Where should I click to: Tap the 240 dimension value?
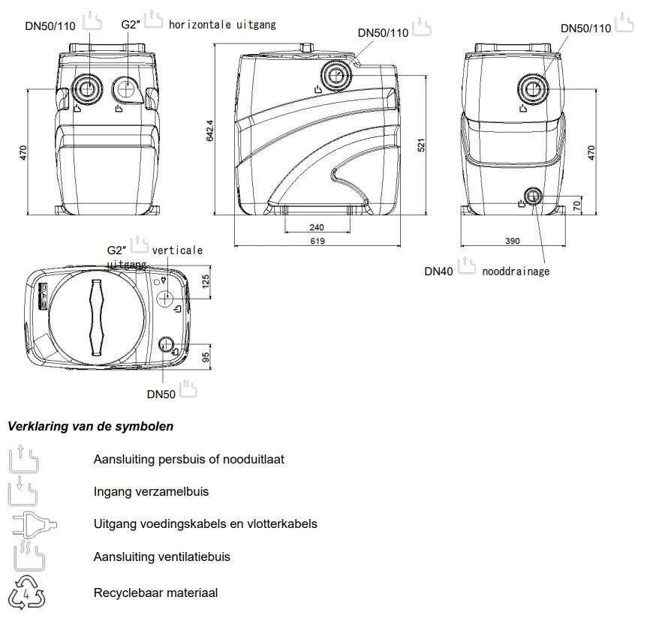tap(316, 227)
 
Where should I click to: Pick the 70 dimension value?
tap(576, 205)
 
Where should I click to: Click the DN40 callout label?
tap(438, 271)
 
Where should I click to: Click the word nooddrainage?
tap(516, 271)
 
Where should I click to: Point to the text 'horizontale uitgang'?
tap(222, 25)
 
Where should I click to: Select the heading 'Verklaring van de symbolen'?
tap(91, 426)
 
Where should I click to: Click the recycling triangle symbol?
tap(27, 592)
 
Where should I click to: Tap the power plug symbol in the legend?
tap(27, 523)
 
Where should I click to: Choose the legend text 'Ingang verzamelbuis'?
tap(151, 492)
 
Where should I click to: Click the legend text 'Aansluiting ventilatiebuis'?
tap(161, 556)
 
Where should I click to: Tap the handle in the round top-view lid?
tap(95, 316)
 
